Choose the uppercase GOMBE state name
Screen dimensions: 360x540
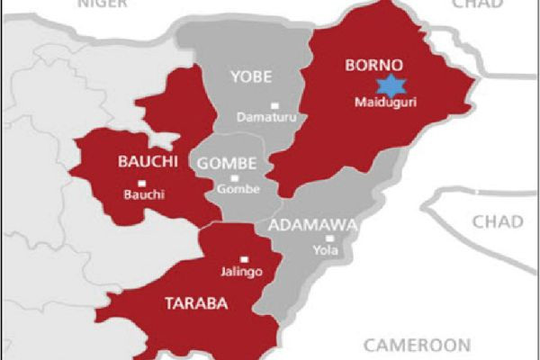(x=227, y=163)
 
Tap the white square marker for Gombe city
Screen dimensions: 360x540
(x=221, y=178)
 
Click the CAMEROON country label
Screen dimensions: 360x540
(x=417, y=345)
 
